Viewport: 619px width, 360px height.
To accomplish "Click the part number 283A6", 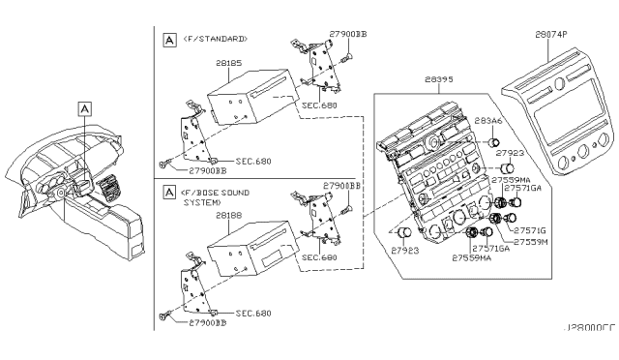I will point(487,122).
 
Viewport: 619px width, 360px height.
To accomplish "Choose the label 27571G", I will point(530,230).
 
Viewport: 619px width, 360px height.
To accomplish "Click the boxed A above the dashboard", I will point(85,108).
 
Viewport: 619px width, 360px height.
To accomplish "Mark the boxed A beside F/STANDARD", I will point(169,39).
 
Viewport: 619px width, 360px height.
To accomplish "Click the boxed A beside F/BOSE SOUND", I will point(169,192).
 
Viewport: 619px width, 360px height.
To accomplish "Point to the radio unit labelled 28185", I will point(242,102).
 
